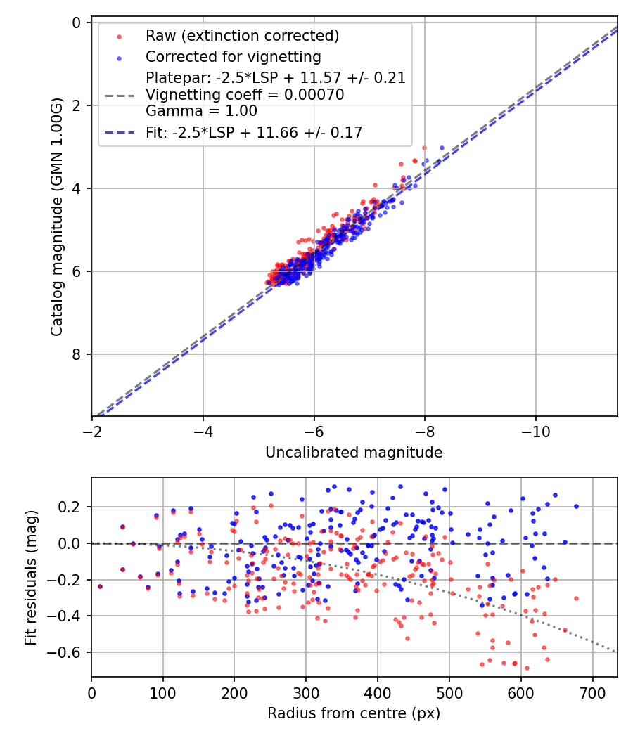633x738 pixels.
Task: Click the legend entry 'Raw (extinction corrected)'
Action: pyautogui.click(x=242, y=36)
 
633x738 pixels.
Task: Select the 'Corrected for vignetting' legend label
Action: pyautogui.click(x=233, y=57)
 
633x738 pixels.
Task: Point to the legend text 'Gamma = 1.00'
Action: pyautogui.click(x=201, y=111)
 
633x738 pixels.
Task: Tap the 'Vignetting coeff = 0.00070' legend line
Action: pyautogui.click(x=245, y=95)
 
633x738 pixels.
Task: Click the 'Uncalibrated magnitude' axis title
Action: pyautogui.click(x=354, y=453)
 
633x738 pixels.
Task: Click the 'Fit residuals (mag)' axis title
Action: pyautogui.click(x=30, y=578)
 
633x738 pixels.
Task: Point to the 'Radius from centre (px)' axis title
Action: pyautogui.click(x=354, y=713)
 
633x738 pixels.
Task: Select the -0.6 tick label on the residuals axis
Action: pyautogui.click(x=69, y=652)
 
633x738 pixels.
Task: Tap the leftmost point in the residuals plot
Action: pyautogui.click(x=100, y=586)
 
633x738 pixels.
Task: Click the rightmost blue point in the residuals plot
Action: pyautogui.click(x=576, y=506)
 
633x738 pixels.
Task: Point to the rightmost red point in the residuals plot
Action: pyautogui.click(x=576, y=598)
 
